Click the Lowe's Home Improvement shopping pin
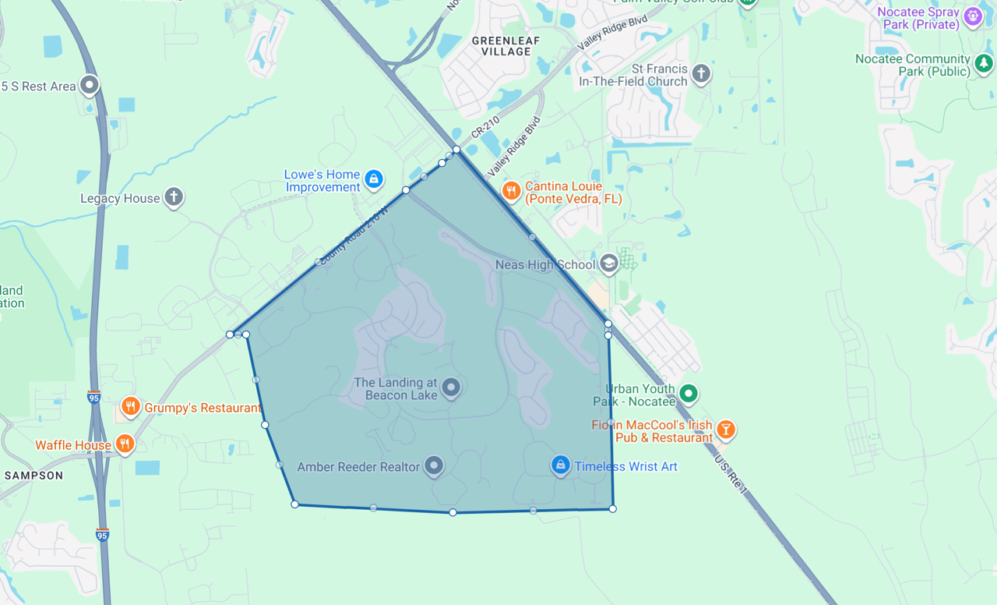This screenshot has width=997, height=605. point(374,179)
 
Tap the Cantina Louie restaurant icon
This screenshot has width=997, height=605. point(511,191)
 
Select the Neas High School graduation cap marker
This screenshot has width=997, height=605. point(609,264)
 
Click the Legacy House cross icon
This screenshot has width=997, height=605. point(174,197)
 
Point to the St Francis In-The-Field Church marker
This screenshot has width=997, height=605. point(701,74)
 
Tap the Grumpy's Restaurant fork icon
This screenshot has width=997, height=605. point(130,407)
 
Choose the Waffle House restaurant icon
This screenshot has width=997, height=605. point(125,444)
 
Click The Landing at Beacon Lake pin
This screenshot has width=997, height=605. point(450,387)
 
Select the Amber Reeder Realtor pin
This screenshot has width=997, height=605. point(434,466)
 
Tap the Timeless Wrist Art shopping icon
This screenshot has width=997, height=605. point(560,465)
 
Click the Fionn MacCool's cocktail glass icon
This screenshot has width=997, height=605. point(726,429)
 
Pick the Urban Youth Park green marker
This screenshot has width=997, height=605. point(688,394)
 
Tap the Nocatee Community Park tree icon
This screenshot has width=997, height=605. point(985,62)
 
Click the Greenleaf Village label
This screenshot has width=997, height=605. point(506,45)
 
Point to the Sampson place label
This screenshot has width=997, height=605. point(33,475)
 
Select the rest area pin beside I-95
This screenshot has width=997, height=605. point(90,84)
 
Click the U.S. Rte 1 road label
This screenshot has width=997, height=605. point(731,475)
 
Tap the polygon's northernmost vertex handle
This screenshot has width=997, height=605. point(456,149)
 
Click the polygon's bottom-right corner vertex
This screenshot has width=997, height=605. point(613,508)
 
